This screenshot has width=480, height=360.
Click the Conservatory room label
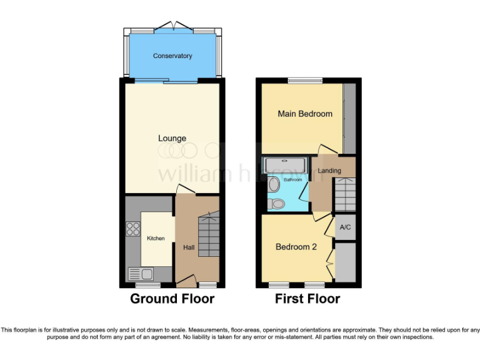point(172,56)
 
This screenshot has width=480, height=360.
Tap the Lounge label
point(172,138)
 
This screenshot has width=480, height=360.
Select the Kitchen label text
point(156,239)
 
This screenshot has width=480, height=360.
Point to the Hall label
point(189,248)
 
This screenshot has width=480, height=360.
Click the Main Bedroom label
point(305,114)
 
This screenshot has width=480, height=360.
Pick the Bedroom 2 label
point(296,247)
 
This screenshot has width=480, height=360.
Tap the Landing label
point(329,171)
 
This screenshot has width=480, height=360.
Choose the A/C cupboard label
point(345,227)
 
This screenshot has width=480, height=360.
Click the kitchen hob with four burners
point(133,229)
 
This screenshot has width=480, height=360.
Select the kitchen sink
point(140,274)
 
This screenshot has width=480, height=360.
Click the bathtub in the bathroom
point(284,166)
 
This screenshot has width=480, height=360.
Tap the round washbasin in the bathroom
point(274,184)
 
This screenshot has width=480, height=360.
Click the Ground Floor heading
point(172,299)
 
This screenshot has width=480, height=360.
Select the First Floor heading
point(307,299)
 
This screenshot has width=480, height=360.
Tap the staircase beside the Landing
point(344,194)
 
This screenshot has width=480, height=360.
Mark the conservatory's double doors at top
point(173,27)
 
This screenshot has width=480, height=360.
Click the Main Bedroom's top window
point(305,81)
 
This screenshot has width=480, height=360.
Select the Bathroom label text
point(293,180)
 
